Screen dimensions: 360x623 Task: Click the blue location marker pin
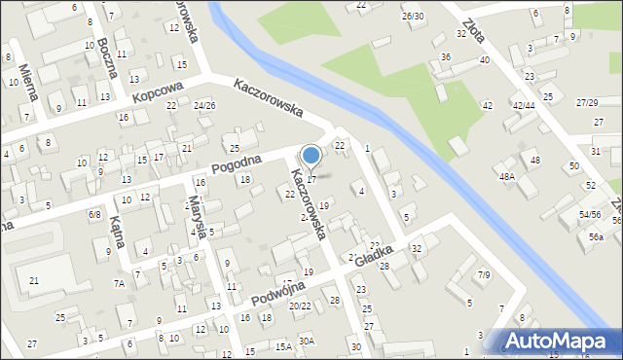click(311, 157)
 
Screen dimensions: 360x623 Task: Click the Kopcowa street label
click(159, 92)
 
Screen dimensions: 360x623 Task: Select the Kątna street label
click(117, 232)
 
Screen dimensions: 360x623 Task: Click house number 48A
click(507, 176)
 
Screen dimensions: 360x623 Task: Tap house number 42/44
click(524, 105)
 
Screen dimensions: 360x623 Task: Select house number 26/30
click(413, 17)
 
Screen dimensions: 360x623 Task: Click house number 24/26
click(204, 105)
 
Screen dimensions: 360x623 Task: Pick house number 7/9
click(483, 274)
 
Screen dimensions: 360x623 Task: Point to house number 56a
click(596, 236)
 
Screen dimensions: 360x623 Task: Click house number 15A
click(282, 345)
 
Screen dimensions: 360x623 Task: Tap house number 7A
click(118, 283)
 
